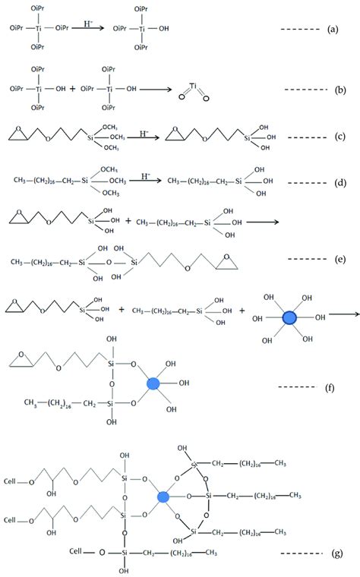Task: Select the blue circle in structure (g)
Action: [x=162, y=497]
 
